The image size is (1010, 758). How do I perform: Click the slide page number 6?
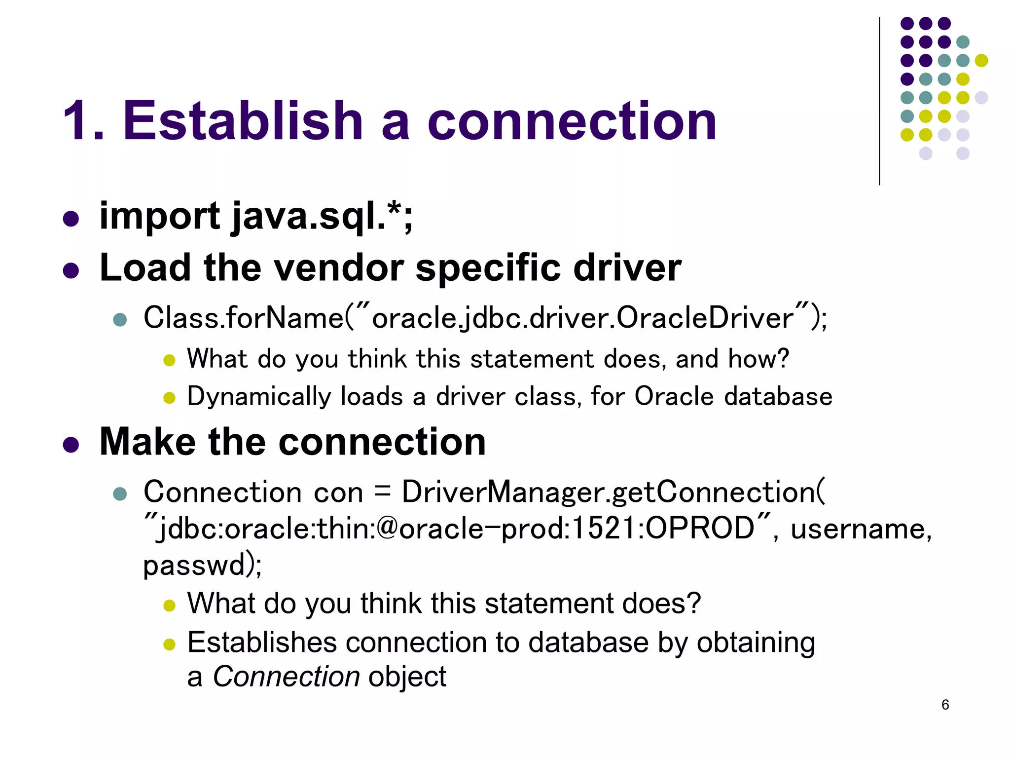[945, 705]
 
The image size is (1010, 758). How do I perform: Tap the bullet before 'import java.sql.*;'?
[71, 219]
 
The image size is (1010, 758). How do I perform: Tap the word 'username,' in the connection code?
[861, 529]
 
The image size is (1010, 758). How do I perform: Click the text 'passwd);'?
[202, 565]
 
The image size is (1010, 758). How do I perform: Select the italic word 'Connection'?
[286, 677]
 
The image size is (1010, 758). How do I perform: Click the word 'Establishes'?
[261, 643]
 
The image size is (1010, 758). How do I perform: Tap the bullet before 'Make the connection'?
[71, 444]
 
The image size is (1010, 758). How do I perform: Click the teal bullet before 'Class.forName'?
[120, 319]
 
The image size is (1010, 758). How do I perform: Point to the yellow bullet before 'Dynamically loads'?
[169, 398]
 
